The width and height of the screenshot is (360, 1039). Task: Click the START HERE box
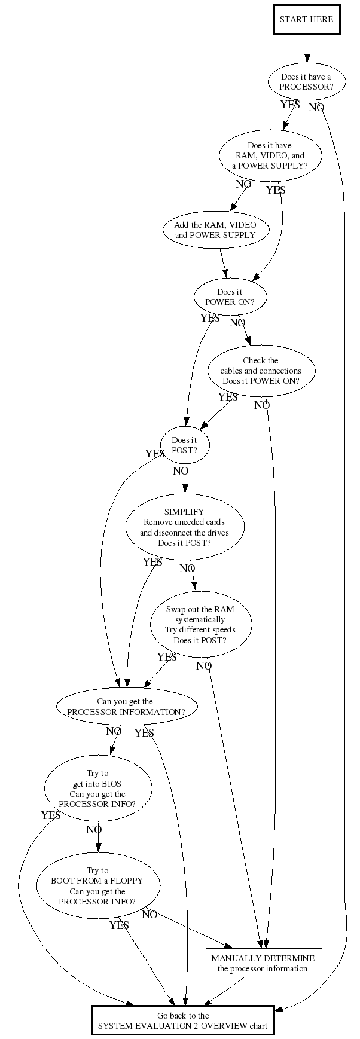click(x=306, y=19)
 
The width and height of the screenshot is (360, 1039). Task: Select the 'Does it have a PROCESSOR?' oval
click(x=306, y=82)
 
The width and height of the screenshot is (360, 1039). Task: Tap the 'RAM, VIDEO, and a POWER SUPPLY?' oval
click(x=270, y=155)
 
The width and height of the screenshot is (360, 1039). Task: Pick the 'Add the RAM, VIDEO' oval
click(x=215, y=230)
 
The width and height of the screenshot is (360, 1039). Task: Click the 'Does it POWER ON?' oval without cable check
click(x=230, y=297)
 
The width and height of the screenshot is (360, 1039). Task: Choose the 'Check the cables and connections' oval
click(x=261, y=371)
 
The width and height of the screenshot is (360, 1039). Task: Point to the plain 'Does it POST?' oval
click(x=184, y=445)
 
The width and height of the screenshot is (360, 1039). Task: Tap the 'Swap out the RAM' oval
click(x=200, y=625)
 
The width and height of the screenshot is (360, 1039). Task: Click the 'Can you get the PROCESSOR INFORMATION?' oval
click(x=127, y=707)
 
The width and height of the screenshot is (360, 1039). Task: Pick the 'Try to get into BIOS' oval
click(x=97, y=789)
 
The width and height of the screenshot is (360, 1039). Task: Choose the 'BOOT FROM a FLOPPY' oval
click(x=97, y=886)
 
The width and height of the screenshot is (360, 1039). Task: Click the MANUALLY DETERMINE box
click(x=263, y=962)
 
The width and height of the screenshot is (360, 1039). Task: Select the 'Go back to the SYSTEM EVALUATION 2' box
click(x=183, y=1020)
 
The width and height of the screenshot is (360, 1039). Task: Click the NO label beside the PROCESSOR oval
click(x=316, y=108)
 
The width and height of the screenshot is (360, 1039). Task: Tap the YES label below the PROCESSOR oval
click(x=290, y=105)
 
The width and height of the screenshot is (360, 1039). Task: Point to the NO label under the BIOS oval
click(x=94, y=830)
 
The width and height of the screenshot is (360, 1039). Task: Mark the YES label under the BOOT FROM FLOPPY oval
click(x=119, y=925)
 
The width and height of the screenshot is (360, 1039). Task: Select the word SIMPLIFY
click(x=184, y=512)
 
